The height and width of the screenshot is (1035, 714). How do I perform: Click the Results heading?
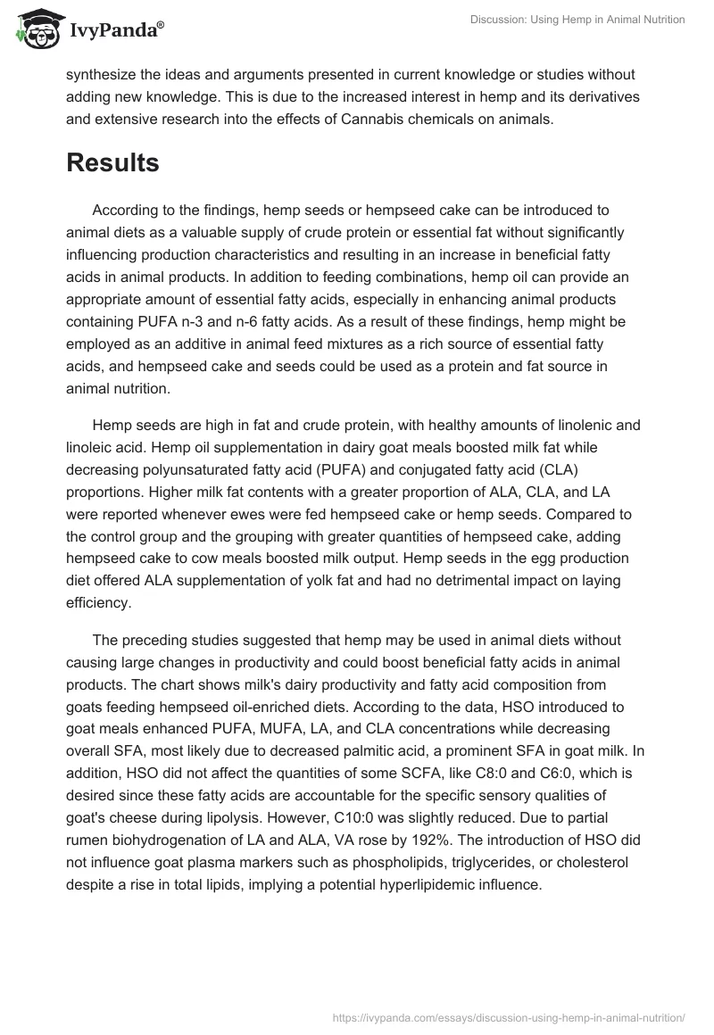point(112,163)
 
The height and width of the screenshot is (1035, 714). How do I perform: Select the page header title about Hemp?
point(577,21)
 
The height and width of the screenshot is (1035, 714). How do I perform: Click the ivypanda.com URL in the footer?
point(506,1017)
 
